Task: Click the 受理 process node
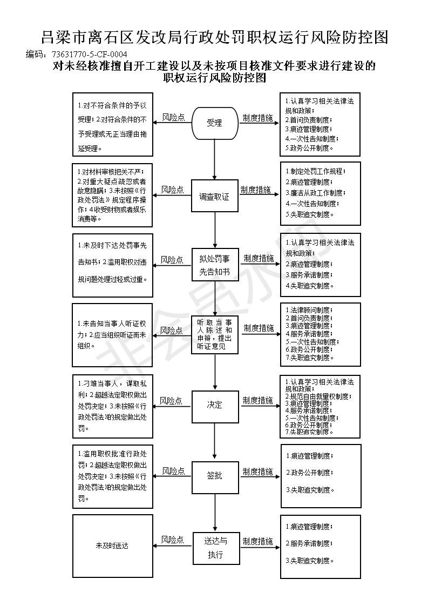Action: [x=214, y=123]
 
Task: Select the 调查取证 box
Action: [x=214, y=197]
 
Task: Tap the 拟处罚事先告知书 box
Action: [x=214, y=265]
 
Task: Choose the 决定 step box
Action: [x=214, y=405]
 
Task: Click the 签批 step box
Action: [x=214, y=476]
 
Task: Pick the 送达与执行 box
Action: [x=214, y=547]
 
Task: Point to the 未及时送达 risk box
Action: [x=112, y=546]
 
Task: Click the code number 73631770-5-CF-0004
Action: [x=90, y=55]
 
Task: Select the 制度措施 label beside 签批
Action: [x=257, y=471]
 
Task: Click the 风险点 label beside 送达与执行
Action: [x=173, y=540]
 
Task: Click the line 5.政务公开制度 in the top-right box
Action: [x=309, y=147]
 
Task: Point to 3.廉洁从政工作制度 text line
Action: [x=315, y=193]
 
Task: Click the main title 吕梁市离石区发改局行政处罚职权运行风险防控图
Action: [x=214, y=37]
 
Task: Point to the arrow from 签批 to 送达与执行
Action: [x=215, y=511]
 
